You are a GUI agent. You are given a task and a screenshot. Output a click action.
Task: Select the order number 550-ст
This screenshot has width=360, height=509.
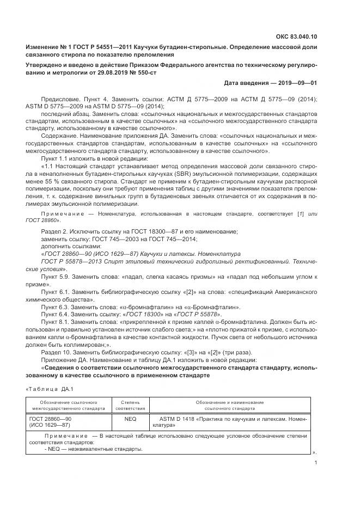tap(144, 72)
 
